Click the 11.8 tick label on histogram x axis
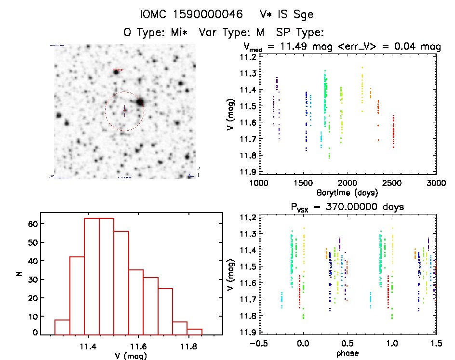click(187, 346)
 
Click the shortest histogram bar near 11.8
click(195, 332)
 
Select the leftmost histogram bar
click(62, 327)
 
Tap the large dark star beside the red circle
click(140, 102)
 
